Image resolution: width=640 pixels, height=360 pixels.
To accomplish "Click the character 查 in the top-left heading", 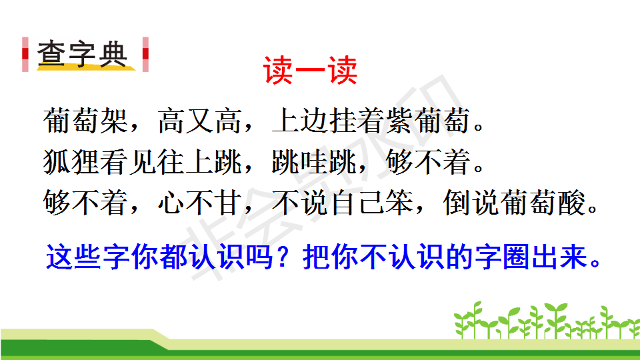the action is [51, 53].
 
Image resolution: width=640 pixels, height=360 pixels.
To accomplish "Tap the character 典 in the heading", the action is [112, 53].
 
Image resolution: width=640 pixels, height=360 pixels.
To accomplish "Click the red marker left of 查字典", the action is [25, 54].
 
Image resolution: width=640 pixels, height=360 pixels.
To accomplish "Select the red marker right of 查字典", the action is [145, 54].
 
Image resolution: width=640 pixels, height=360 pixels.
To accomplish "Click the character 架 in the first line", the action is [114, 121].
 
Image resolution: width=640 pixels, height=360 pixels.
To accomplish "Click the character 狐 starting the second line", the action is [57, 162].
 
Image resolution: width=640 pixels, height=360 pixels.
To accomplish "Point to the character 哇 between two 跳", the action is [314, 162].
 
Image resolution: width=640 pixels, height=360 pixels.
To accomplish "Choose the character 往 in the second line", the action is [171, 162].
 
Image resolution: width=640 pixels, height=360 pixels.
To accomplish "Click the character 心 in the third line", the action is [171, 203].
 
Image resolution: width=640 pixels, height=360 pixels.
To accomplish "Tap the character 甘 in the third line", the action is [228, 203].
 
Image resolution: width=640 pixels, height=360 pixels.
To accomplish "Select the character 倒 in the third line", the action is [457, 203].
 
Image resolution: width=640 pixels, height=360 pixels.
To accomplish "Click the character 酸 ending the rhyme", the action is [571, 203].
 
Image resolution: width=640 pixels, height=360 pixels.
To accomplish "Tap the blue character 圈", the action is [516, 257].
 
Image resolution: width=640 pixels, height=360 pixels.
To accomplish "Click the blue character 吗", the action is [259, 257].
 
